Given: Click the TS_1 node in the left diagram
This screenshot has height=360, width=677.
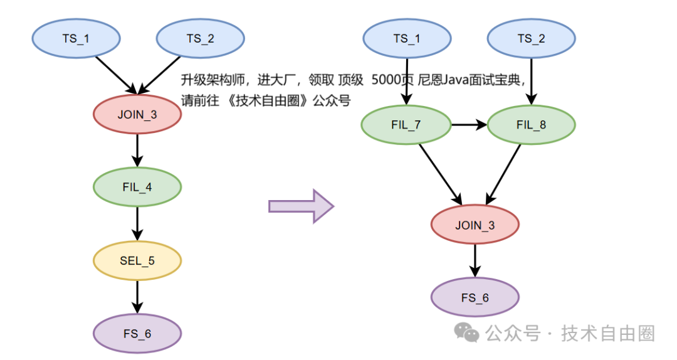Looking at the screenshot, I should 75,38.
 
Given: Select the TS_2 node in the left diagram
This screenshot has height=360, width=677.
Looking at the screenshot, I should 200,38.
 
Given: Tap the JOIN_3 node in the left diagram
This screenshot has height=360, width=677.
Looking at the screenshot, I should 137,114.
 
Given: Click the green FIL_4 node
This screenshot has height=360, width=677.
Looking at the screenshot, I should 137,187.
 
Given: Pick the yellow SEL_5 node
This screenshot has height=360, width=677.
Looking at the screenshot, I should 137,260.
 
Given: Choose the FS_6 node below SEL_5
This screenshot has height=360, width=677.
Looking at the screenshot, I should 137,333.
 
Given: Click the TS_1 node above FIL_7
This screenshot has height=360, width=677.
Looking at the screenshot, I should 407,38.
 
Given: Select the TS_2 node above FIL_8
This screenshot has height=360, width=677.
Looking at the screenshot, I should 531,38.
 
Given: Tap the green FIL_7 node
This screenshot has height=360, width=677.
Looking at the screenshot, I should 406,124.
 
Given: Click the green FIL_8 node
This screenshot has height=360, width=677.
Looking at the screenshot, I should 531,124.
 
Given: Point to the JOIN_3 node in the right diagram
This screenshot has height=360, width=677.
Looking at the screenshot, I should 475,225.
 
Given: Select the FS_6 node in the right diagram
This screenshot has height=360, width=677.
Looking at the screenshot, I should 475,297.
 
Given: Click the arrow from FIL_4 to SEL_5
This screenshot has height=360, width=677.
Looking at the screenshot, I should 137,223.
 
